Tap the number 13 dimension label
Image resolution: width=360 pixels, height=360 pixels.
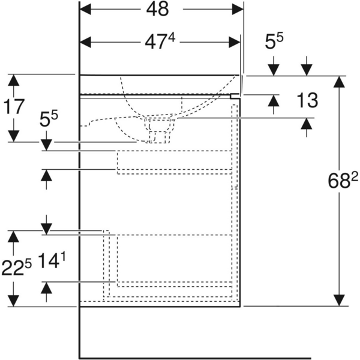coord(307,100)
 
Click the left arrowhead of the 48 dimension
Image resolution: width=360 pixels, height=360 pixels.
coord(85,10)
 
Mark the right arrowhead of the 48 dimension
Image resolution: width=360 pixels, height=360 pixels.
coord(238,10)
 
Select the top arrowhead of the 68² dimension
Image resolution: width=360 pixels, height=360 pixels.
coord(340,82)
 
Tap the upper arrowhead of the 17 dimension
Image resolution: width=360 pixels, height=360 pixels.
coord(13,80)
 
